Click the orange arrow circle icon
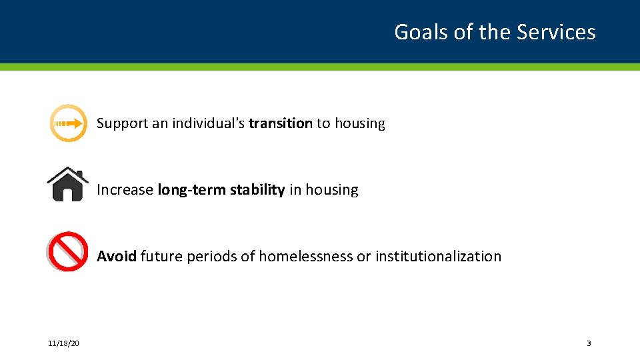click(x=68, y=123)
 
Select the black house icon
click(x=68, y=184)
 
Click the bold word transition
click(x=280, y=123)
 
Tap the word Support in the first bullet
click(x=122, y=123)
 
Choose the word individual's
click(x=208, y=123)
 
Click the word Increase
click(x=125, y=190)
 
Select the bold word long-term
click(x=191, y=190)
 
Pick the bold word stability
click(x=257, y=190)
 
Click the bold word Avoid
click(x=117, y=257)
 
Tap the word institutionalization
click(x=438, y=257)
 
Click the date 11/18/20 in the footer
click(x=63, y=343)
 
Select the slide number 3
click(x=589, y=343)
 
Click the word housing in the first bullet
click(x=360, y=123)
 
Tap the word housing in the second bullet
click(x=332, y=190)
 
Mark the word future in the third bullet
click(x=161, y=257)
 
